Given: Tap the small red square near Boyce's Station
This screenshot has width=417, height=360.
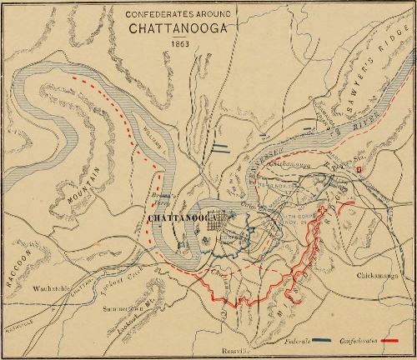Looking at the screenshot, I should point(359,169).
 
